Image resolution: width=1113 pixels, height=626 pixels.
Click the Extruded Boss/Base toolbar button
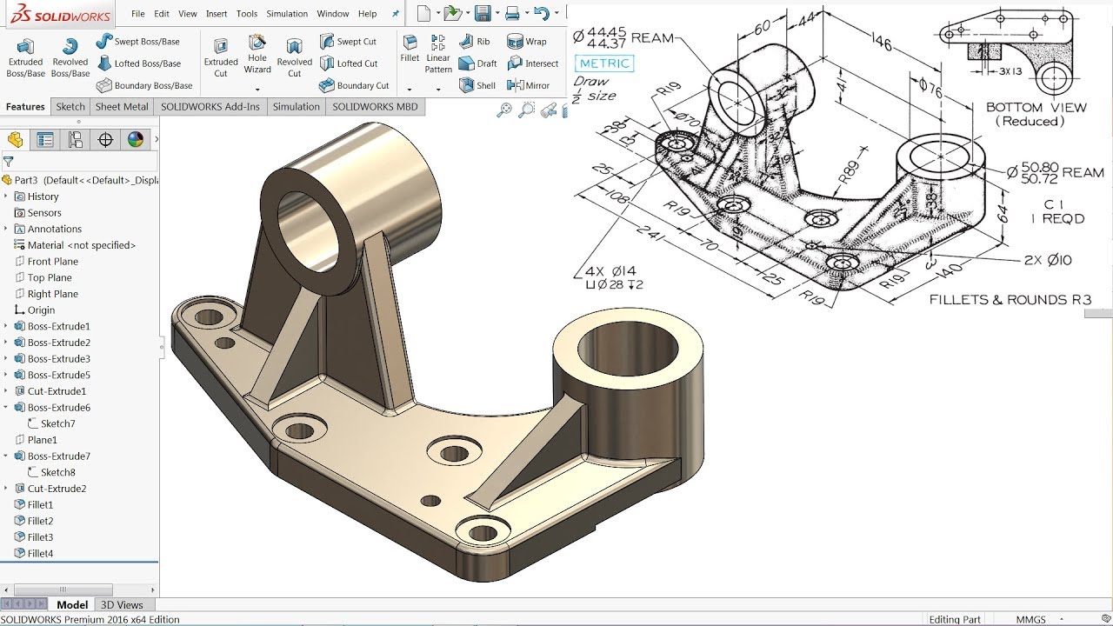(x=25, y=57)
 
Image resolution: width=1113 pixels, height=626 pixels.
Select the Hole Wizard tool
(x=257, y=54)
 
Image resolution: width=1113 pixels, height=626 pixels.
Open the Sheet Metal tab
(x=122, y=107)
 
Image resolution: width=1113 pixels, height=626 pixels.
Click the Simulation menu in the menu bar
(x=287, y=14)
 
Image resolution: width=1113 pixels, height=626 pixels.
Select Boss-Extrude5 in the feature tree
(x=58, y=375)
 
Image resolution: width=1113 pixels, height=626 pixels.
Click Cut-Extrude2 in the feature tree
(x=57, y=489)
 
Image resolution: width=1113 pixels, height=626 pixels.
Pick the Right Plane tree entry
(x=52, y=294)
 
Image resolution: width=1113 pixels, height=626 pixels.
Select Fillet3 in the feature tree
(x=40, y=537)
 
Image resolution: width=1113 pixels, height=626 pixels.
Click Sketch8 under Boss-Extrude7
(x=57, y=472)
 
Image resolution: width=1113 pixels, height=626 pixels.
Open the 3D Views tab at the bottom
(x=122, y=605)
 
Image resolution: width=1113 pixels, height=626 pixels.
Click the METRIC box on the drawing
(x=603, y=63)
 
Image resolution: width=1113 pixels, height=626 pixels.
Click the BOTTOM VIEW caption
(x=1036, y=108)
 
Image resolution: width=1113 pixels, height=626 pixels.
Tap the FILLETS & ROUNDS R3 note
(x=1010, y=300)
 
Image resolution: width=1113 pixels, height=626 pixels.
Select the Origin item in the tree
(x=41, y=310)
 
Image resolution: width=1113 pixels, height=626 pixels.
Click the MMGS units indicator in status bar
(x=1031, y=620)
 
